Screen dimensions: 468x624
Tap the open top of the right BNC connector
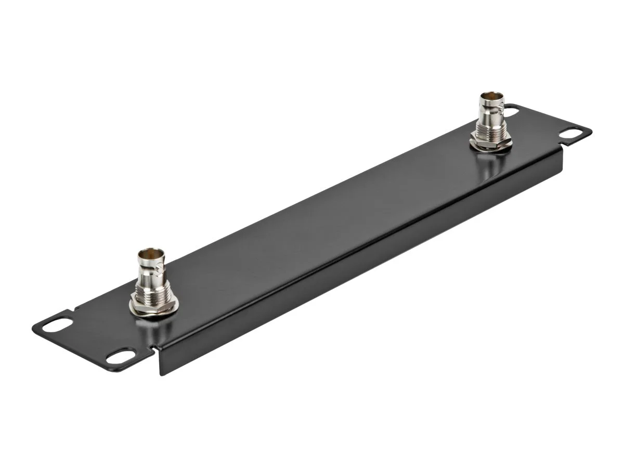[x=490, y=97]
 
